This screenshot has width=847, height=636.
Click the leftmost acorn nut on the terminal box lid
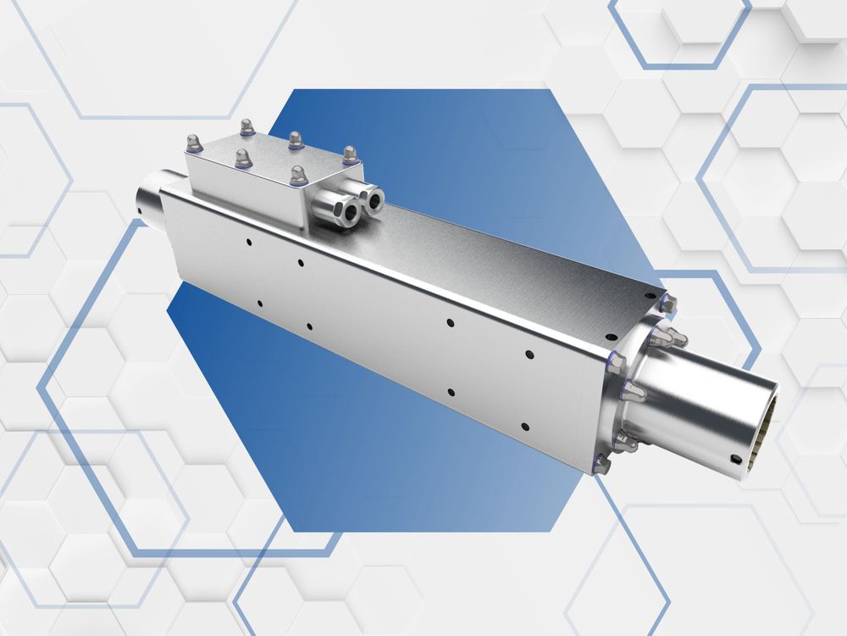click(194, 143)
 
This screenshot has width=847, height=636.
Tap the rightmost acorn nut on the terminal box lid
click(350, 155)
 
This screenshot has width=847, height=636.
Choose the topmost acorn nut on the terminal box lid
click(246, 127)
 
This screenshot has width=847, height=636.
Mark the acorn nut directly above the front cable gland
click(298, 176)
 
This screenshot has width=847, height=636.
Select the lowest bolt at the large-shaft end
click(601, 464)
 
